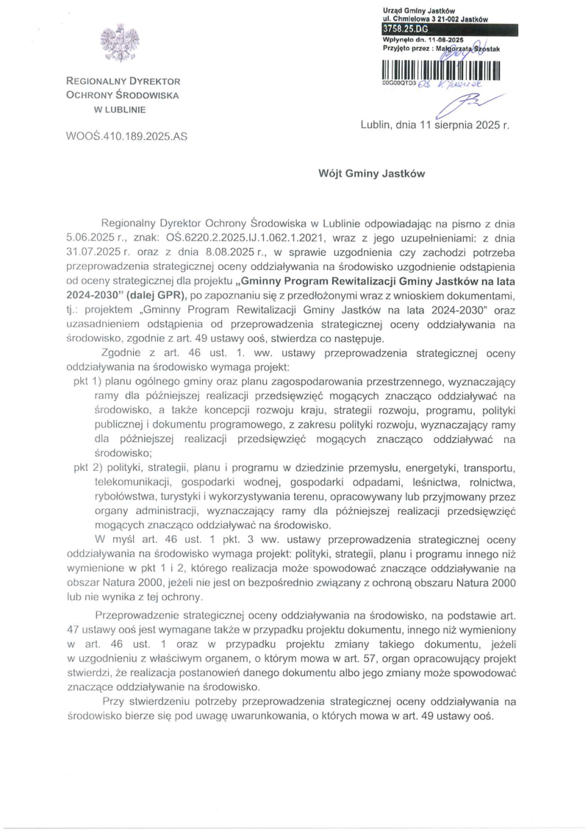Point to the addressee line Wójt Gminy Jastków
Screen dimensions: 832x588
[x=371, y=174]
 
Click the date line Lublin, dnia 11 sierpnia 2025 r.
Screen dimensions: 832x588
[x=434, y=125]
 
